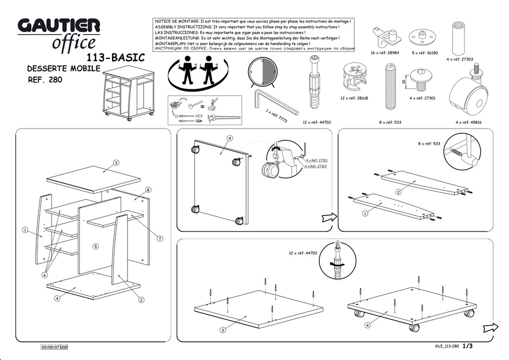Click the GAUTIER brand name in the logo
59,26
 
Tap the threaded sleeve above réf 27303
459,35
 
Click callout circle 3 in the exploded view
116,162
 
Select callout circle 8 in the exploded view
148,189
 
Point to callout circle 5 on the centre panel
95,246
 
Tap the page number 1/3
468,346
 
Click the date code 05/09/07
50,347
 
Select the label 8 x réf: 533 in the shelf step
429,144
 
